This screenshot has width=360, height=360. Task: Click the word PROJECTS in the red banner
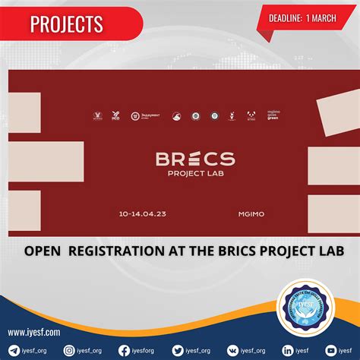[67, 24]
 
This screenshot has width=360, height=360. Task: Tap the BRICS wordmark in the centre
[195, 159]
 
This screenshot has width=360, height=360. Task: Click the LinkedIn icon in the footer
[288, 350]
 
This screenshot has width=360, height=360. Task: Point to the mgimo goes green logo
[274, 115]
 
